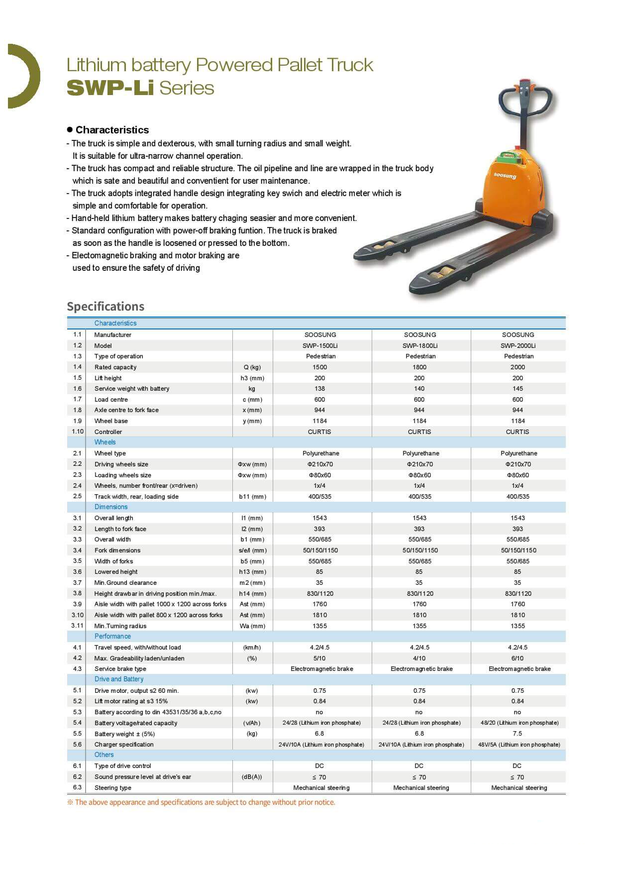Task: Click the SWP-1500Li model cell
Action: [320, 345]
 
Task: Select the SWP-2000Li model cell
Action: [518, 345]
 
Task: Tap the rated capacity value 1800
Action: [419, 367]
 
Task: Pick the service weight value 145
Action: [518, 389]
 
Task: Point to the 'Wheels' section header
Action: [105, 442]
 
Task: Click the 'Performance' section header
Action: [112, 636]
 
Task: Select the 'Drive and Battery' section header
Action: [119, 679]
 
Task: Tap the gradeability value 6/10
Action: [518, 658]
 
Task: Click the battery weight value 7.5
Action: [518, 734]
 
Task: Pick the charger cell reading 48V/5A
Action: [519, 745]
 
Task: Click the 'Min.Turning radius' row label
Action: [120, 626]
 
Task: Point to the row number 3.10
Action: [78, 615]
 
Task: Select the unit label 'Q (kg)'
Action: [252, 367]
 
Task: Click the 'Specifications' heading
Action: [105, 306]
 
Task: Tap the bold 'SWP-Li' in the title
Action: [110, 88]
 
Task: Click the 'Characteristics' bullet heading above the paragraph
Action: [112, 130]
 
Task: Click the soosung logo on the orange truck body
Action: [505, 176]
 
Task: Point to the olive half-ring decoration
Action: [25, 76]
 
